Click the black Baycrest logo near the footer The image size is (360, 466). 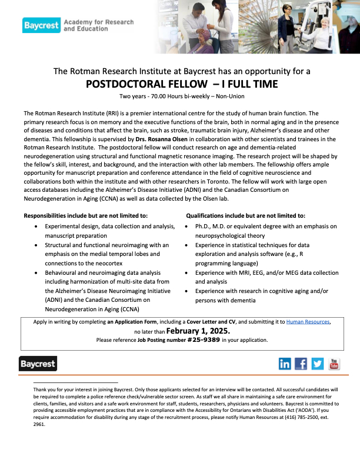click(x=38, y=364)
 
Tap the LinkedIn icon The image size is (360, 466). click(x=284, y=364)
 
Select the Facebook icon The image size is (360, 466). click(x=301, y=364)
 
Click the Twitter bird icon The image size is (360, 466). click(x=318, y=364)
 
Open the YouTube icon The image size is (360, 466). click(x=334, y=364)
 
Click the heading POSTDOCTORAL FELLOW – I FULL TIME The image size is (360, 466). click(x=182, y=84)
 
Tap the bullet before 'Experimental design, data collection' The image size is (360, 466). click(x=38, y=226)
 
